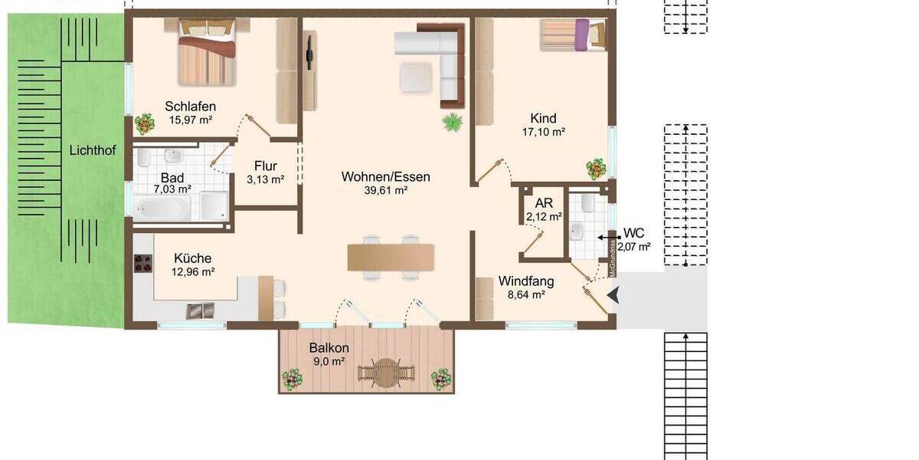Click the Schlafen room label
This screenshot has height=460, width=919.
(x=190, y=107)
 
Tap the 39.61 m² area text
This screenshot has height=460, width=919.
(x=385, y=191)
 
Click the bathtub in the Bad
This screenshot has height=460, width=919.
(x=162, y=207)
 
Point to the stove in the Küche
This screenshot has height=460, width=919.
(x=143, y=264)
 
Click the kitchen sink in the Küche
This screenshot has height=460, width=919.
(x=201, y=310)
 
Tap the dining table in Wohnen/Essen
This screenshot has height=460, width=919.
(x=391, y=258)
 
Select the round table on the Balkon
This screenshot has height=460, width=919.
(x=386, y=372)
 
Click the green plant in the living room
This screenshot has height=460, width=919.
(x=453, y=122)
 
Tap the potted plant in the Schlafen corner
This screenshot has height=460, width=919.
(x=144, y=123)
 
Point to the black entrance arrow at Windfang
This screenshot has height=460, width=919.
(x=613, y=295)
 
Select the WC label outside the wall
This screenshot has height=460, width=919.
(x=634, y=232)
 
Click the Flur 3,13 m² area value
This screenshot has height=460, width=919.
(x=266, y=180)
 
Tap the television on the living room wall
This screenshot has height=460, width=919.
(x=309, y=50)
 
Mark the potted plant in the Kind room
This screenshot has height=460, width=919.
(x=596, y=167)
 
